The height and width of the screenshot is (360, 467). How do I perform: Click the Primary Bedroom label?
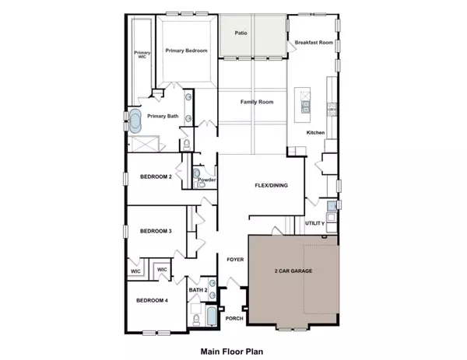186,51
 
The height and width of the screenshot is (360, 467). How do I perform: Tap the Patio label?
243,33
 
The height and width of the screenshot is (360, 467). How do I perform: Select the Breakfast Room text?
314,44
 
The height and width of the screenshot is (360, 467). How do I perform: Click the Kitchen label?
315,133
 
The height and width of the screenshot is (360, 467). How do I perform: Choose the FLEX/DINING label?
272,186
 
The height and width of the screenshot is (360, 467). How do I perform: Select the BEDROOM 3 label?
156,231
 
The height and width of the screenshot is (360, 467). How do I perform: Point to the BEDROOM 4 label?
152,301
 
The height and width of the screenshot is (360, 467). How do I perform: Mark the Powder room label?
206,180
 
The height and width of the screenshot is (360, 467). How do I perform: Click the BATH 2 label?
198,290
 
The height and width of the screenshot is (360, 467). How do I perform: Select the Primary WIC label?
142,55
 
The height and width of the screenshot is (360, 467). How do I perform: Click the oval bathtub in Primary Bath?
136,122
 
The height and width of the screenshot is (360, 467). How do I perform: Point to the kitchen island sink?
306,106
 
